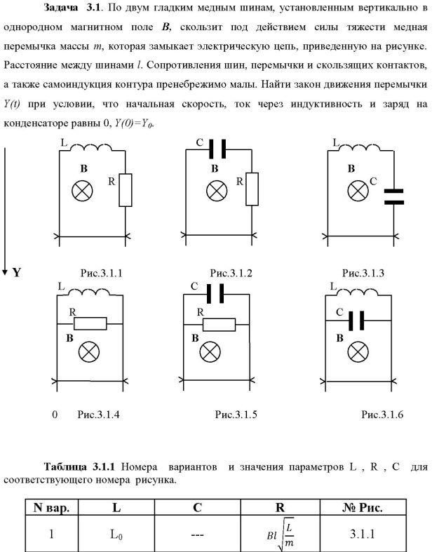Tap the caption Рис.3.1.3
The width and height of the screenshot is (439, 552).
coord(363,273)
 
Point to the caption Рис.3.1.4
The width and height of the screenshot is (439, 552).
coord(98,415)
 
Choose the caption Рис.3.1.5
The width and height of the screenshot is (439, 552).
coord(236,415)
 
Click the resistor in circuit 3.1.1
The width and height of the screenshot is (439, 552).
coord(126,189)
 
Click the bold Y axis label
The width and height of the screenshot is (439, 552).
coord(16,271)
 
